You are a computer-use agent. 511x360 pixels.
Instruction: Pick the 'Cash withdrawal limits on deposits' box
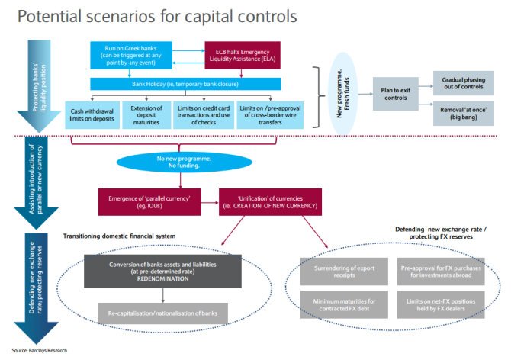(91, 111)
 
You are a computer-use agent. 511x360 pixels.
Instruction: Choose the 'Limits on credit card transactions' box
(202, 111)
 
